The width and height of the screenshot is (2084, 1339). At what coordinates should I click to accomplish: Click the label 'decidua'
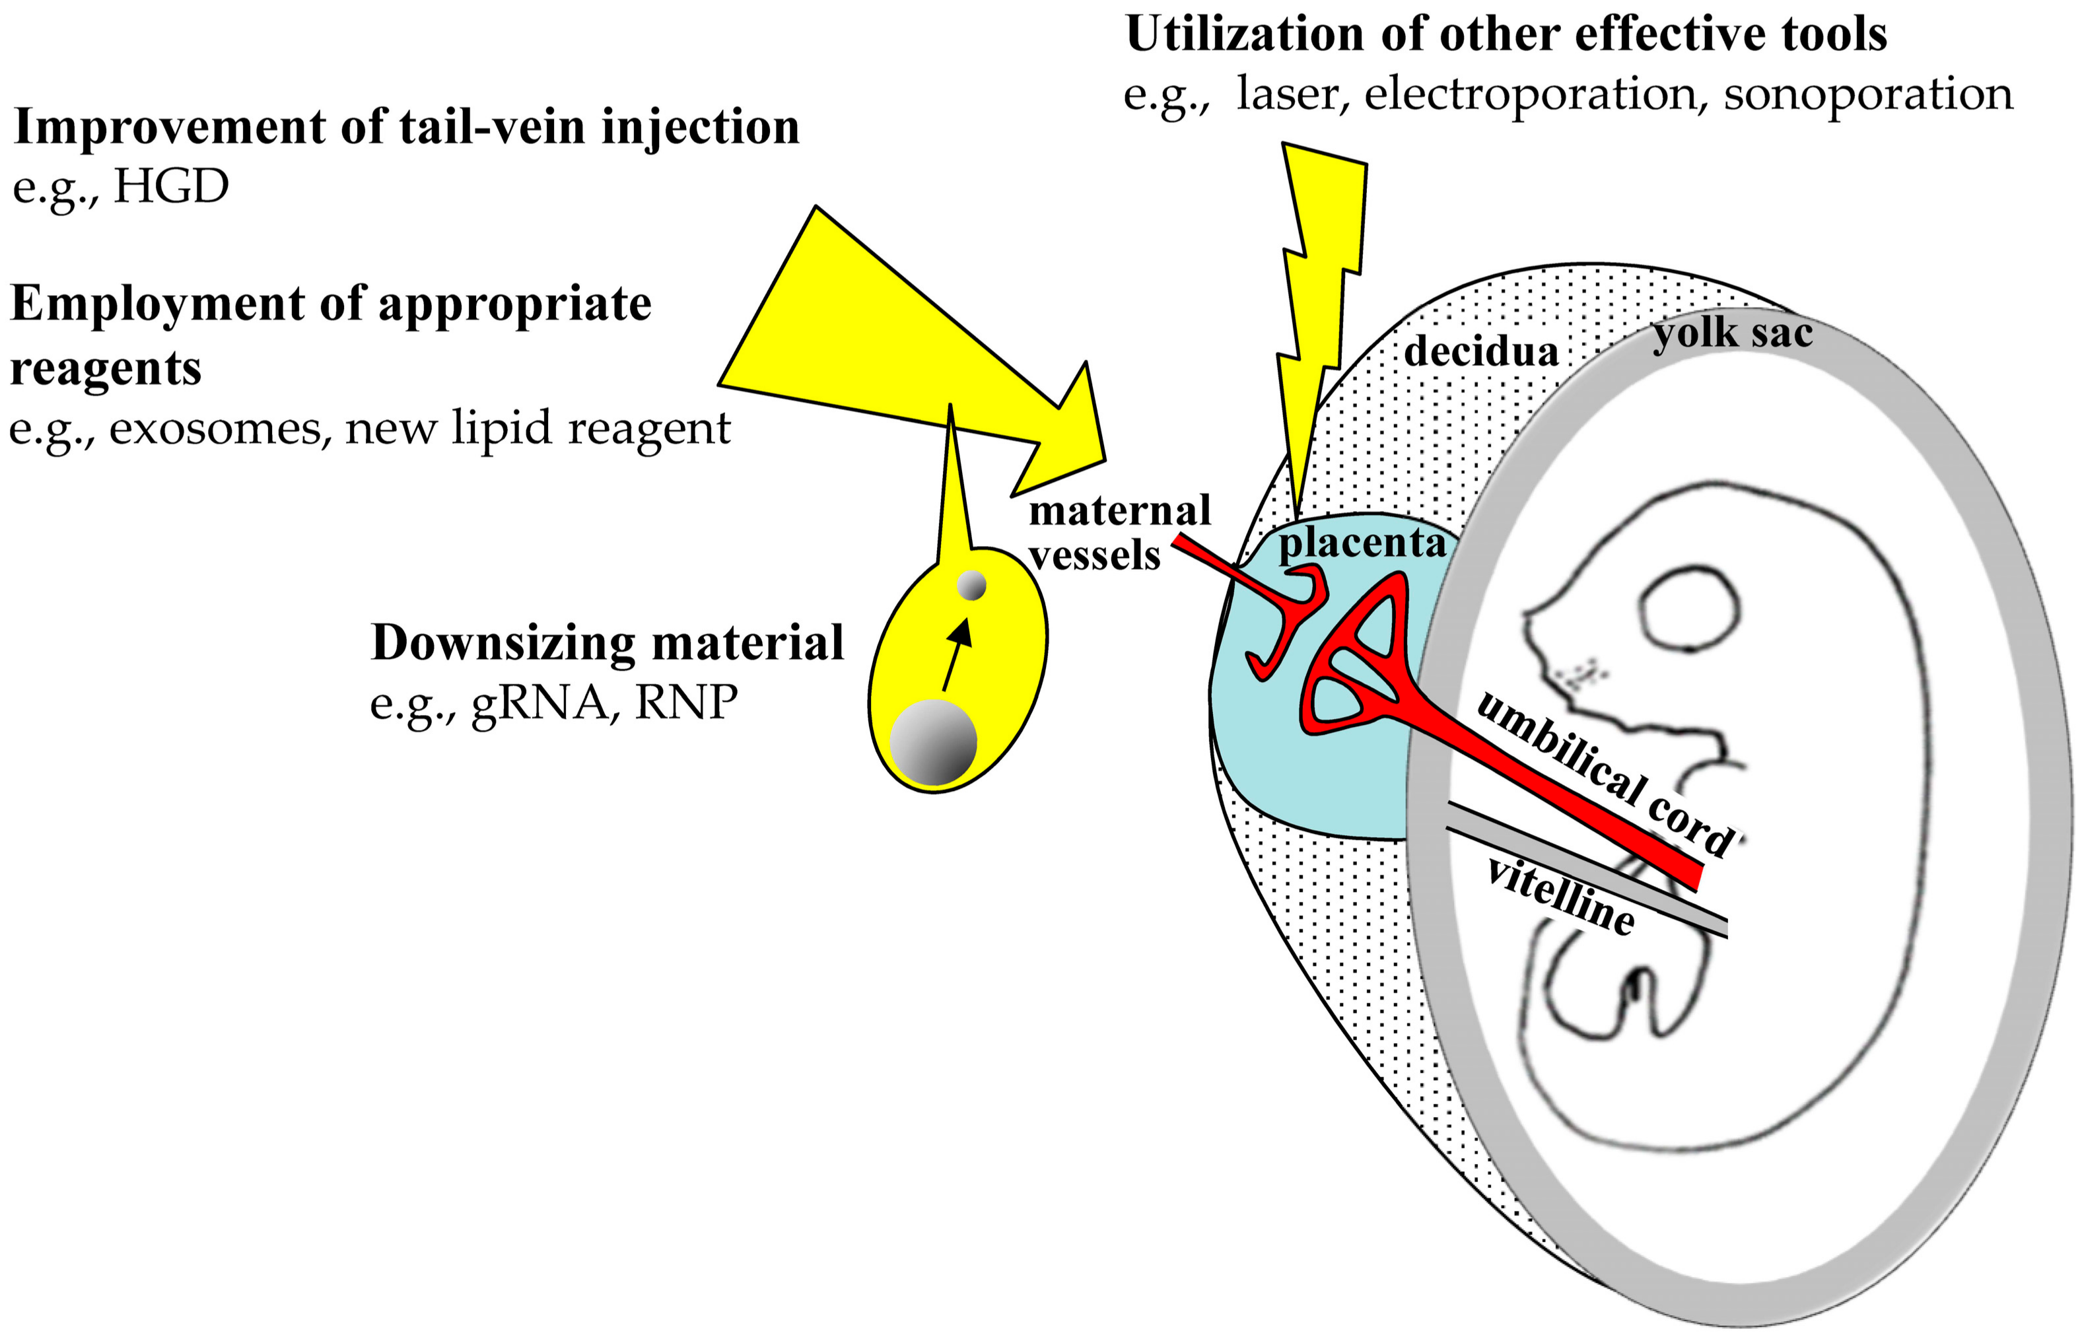coord(1480,351)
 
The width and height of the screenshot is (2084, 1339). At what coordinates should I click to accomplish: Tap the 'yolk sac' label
coord(1732,333)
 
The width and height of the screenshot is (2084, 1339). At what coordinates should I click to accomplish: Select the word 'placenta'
coord(1362,543)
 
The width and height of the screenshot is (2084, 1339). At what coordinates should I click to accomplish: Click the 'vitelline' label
coord(1560,897)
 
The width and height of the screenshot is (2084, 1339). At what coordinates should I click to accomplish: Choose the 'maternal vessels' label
coord(1119,532)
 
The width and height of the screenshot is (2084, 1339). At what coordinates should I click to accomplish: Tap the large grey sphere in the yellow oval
coord(933,741)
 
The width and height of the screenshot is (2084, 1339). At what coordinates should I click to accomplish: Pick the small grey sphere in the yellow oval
coord(971,585)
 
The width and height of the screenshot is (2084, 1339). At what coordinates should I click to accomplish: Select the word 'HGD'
coord(171,187)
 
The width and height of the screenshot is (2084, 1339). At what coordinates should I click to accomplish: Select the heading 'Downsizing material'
coord(608,643)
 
